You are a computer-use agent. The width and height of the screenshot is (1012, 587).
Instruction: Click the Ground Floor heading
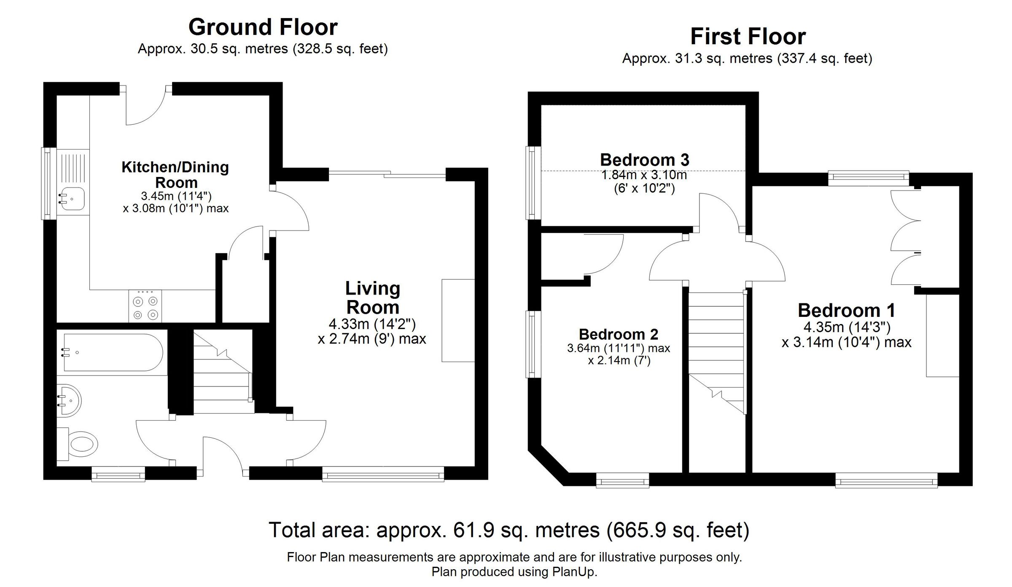(x=263, y=27)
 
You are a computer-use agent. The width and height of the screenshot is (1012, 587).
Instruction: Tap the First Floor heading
(x=748, y=37)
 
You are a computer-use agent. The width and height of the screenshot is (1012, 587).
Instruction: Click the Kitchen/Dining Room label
(x=175, y=175)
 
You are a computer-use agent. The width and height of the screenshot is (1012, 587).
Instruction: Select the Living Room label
(x=372, y=298)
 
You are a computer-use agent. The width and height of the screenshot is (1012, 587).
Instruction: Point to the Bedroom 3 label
(x=644, y=160)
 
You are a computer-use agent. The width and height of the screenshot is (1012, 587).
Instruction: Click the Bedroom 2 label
(x=618, y=334)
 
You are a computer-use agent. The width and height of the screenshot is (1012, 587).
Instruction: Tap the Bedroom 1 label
(x=846, y=311)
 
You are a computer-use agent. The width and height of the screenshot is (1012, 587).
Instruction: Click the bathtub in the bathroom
(x=113, y=352)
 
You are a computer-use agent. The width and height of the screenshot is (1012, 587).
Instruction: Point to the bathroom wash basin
(x=69, y=400)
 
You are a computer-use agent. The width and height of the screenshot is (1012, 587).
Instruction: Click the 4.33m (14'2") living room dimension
(x=372, y=324)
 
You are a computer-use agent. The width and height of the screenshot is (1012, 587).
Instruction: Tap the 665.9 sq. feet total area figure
(x=678, y=530)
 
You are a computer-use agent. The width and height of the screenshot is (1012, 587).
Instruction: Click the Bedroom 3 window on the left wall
(x=533, y=182)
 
